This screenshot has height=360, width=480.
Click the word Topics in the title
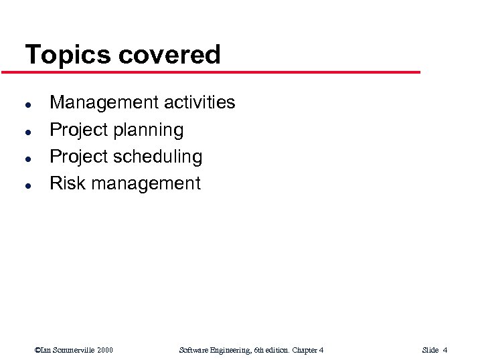click(x=67, y=55)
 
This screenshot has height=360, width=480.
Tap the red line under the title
click(x=221, y=72)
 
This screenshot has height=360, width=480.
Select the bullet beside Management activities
click(x=26, y=104)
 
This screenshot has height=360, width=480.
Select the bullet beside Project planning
click(x=26, y=131)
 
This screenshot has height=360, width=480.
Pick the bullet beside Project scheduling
click(x=26, y=158)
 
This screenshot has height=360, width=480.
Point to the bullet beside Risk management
click(x=26, y=185)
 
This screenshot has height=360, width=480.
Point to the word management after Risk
click(x=146, y=184)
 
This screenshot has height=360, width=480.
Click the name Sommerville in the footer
click(x=72, y=350)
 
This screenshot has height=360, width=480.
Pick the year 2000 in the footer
click(x=104, y=350)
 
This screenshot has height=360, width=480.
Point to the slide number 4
click(x=445, y=350)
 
